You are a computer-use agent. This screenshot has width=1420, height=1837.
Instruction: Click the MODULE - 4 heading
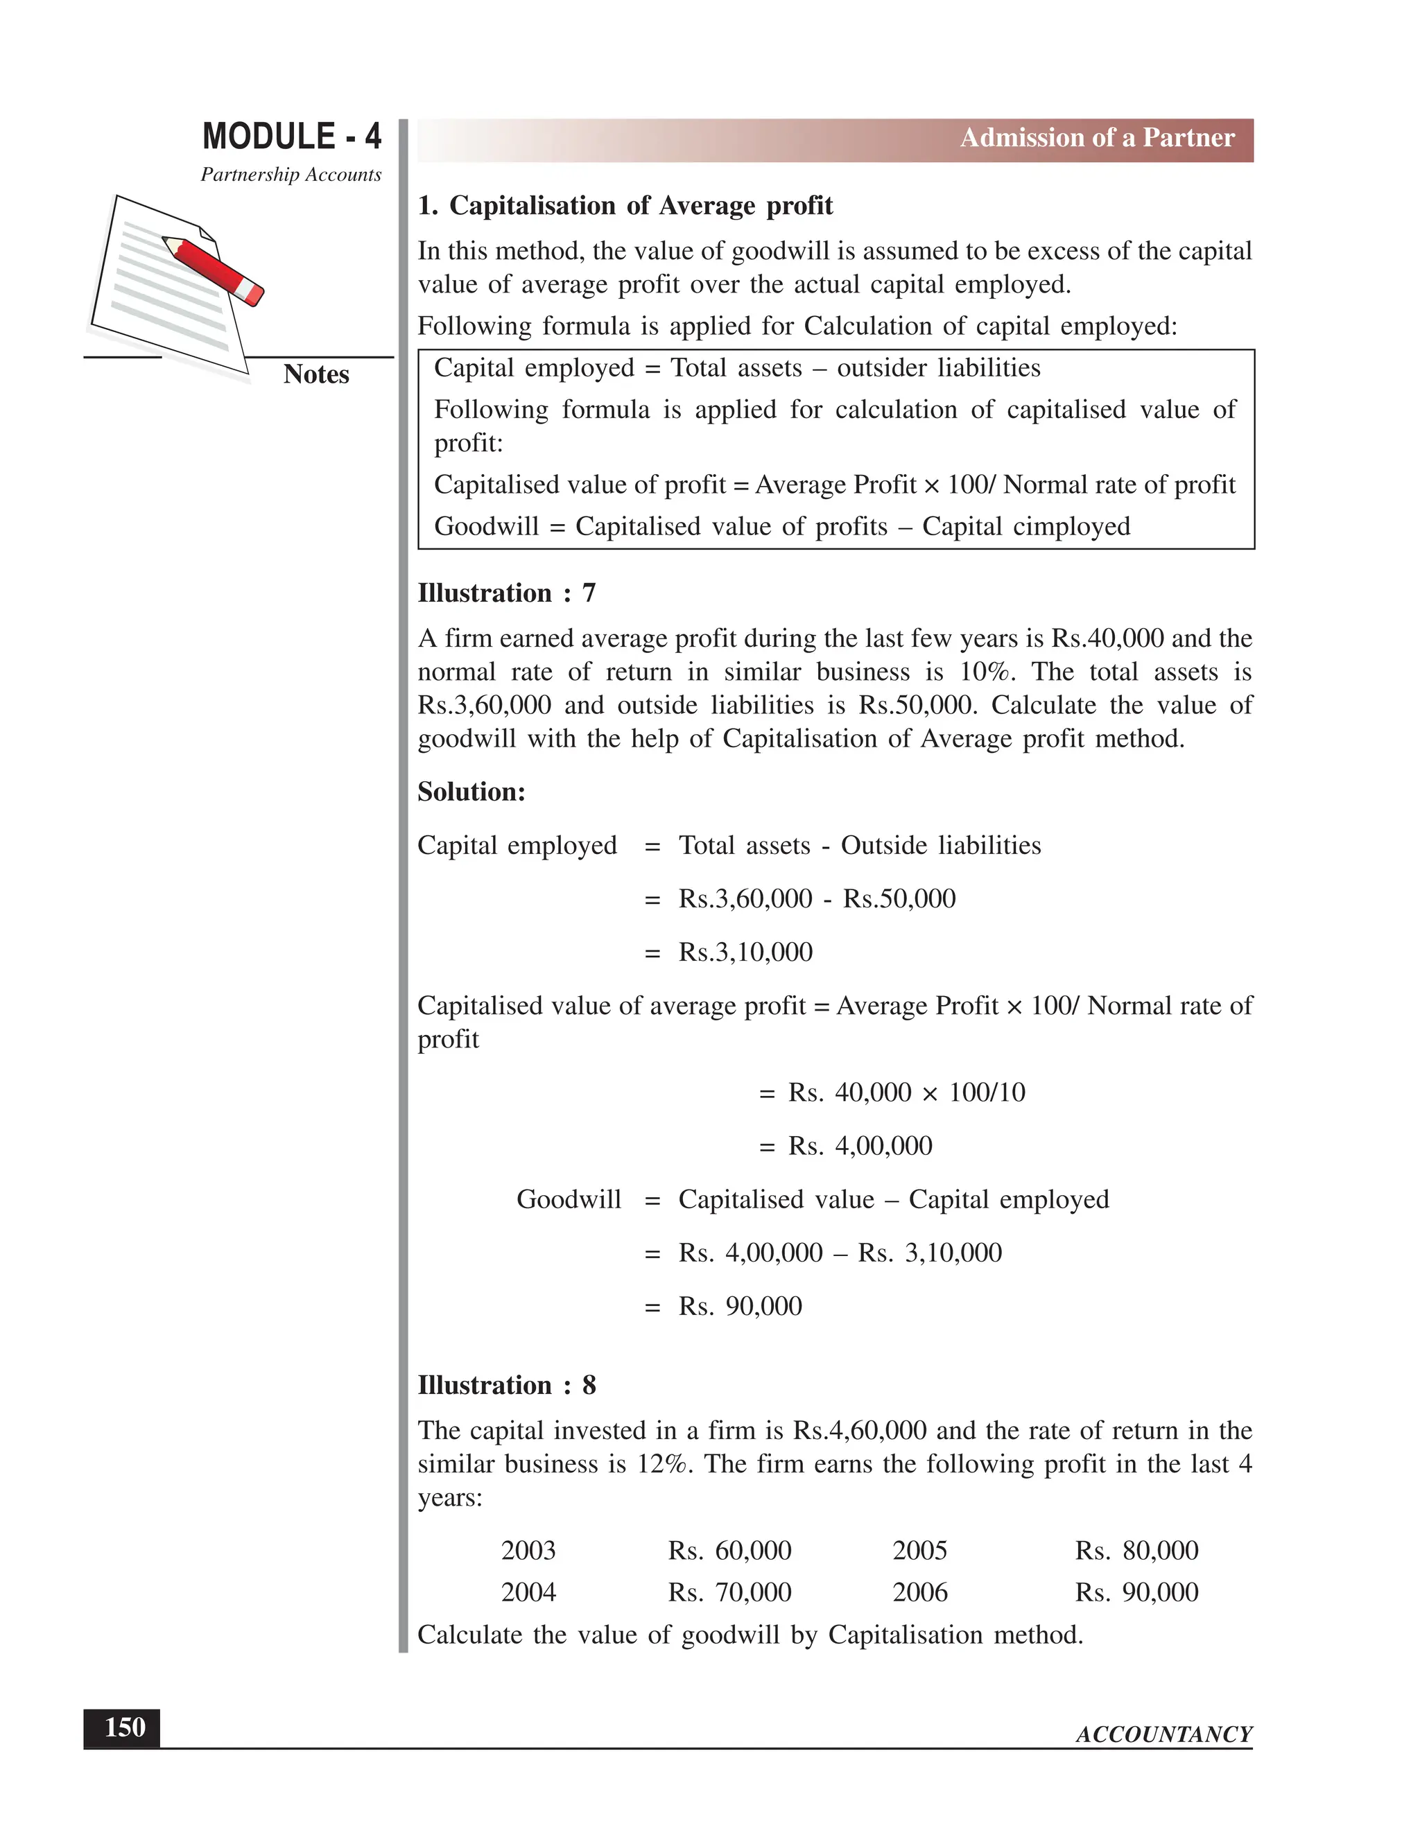291,137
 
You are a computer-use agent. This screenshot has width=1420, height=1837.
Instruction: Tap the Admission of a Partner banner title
1097,138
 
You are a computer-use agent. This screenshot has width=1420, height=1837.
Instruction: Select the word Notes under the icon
315,374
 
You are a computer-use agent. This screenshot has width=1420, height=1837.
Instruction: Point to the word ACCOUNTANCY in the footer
1163,1734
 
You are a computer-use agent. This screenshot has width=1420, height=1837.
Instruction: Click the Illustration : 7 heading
506,593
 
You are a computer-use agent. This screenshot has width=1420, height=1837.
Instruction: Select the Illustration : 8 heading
506,1385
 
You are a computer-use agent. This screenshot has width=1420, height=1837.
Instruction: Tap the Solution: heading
471,792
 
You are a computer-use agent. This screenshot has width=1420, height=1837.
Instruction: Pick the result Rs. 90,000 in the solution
741,1306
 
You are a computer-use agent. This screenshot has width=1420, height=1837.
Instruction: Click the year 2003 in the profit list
528,1550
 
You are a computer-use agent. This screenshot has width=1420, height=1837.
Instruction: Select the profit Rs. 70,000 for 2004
729,1592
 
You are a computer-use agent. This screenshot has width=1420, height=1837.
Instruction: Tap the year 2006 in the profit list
919,1592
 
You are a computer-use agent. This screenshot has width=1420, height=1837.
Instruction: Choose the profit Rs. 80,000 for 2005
1136,1550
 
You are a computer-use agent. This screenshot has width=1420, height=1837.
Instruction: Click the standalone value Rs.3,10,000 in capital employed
745,952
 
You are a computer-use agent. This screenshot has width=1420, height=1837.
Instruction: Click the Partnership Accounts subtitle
291,175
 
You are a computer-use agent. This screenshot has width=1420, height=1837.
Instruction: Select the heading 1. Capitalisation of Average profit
625,206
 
